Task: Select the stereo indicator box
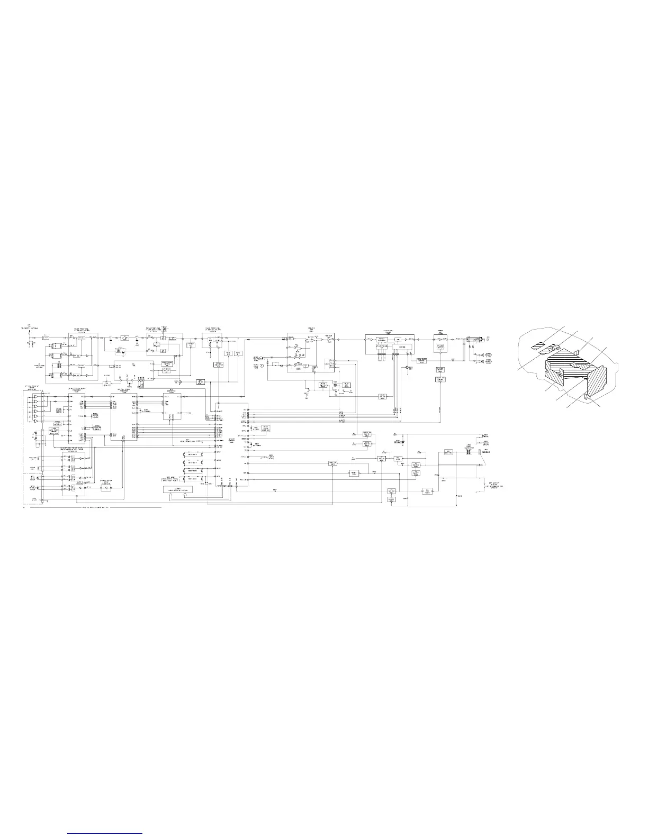[x=218, y=365]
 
